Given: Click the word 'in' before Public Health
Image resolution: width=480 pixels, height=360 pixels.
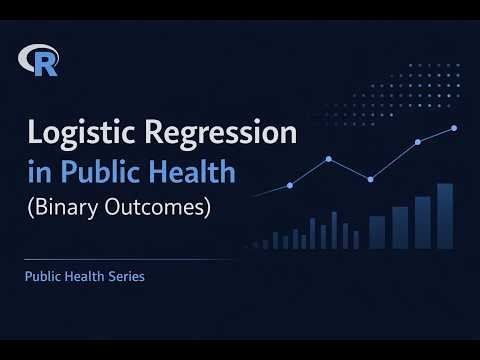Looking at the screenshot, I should pyautogui.click(x=39, y=172).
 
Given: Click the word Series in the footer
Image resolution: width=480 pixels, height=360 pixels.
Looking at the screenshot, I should pyautogui.click(x=125, y=276).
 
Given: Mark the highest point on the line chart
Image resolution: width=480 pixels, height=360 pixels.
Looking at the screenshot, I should pyautogui.click(x=454, y=128).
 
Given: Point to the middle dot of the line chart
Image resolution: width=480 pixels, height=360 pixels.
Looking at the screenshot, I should pyautogui.click(x=370, y=179).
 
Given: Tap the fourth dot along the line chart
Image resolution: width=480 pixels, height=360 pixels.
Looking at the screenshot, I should pyautogui.click(x=418, y=142).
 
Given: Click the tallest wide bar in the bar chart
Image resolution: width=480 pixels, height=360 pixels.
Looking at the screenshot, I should pyautogui.click(x=445, y=216).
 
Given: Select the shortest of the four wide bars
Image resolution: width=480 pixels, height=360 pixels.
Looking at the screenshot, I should pyautogui.click(x=377, y=232).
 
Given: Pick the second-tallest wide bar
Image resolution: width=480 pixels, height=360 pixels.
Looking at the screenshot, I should pyautogui.click(x=423, y=222).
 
